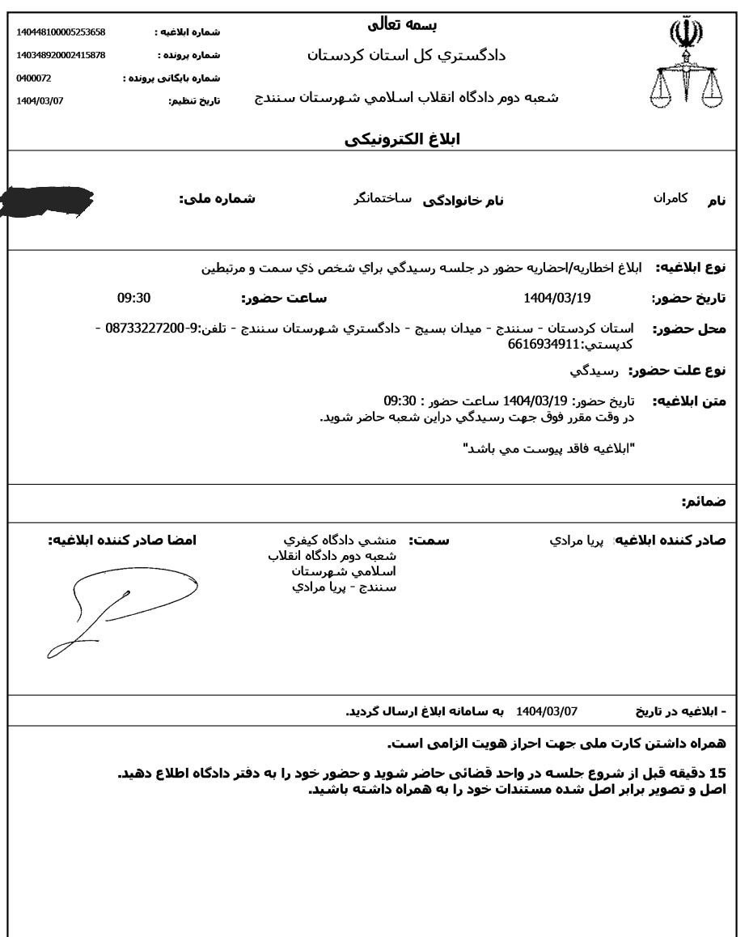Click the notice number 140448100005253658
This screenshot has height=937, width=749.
pos(61,32)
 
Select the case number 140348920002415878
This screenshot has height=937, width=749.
pos(61,55)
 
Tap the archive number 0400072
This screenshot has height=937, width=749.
pos(34,78)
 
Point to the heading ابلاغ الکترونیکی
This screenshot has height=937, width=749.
pos(401,138)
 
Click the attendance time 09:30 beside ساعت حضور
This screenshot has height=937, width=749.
pos(134,298)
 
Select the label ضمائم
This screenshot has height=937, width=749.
pos(703,502)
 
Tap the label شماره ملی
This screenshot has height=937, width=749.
pos(217,199)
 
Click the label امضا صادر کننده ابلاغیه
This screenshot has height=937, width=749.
pos(122,540)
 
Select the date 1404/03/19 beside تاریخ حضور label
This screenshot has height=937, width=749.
pos(557,298)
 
